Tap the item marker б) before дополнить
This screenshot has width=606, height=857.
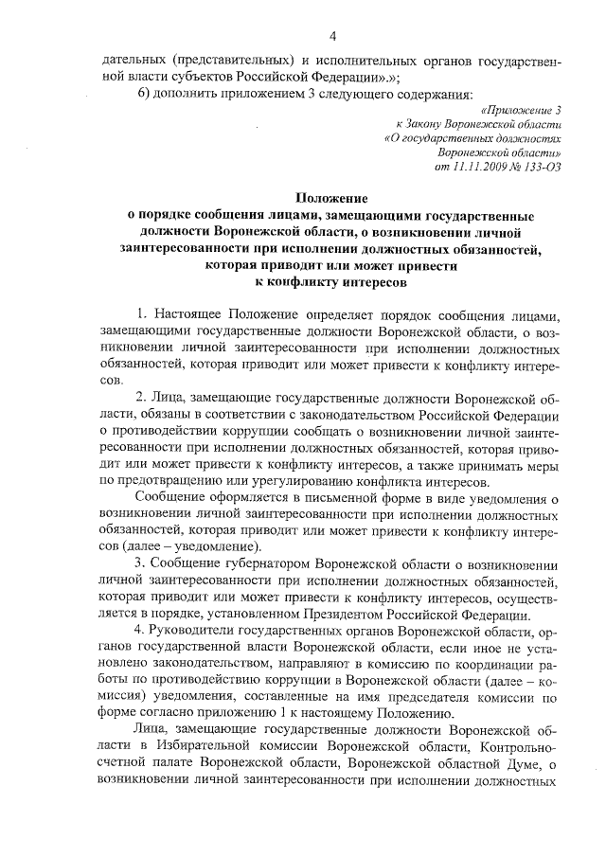tap(144, 95)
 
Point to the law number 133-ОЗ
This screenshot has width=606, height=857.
tap(537, 165)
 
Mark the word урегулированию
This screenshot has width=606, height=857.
tap(276, 481)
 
